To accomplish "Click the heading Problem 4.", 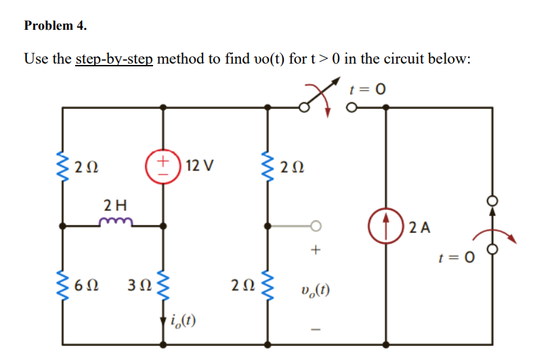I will (56, 26).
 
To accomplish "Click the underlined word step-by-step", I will (115, 59).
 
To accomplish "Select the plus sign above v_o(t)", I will (314, 251).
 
